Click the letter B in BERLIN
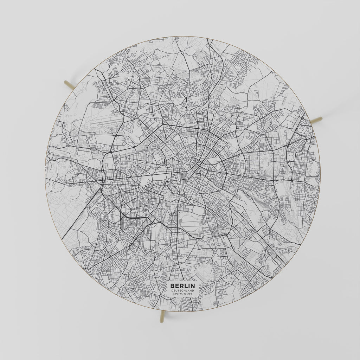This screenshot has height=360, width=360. [x=172, y=286]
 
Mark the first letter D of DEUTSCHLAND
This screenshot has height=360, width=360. [x=172, y=291]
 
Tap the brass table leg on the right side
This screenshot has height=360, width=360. [x=316, y=120]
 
